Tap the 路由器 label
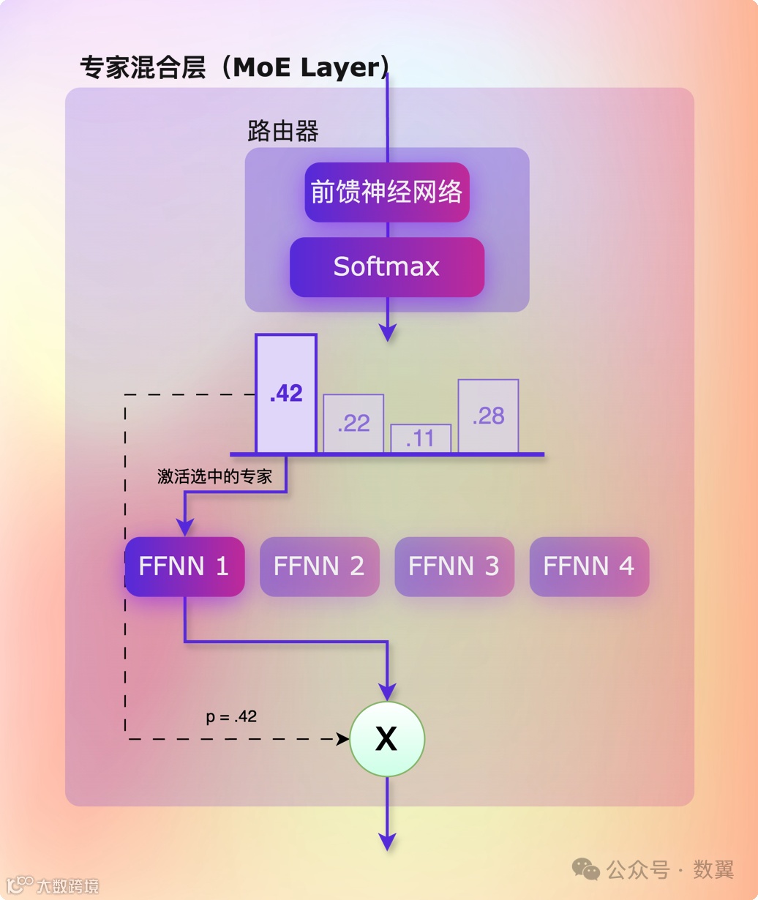coord(283,132)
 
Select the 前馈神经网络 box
coord(387,192)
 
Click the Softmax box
coord(387,267)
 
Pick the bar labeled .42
coord(286,394)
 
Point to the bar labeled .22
coord(353,424)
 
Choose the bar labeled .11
coord(421,438)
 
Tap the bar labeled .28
coord(488,416)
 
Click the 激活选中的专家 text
coord(215,477)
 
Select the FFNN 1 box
coord(184,566)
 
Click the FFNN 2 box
coord(320,566)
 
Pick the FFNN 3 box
coord(454,566)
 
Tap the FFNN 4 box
coord(589,566)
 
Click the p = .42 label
coord(231,716)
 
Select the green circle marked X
coord(387,739)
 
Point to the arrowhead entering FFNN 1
coord(185,528)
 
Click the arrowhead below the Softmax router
coord(388,332)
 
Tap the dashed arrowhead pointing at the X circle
coord(342,739)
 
